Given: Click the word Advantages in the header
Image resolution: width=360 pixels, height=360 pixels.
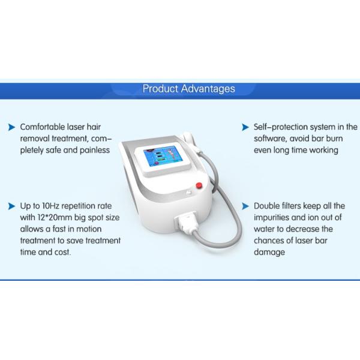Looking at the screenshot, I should click(205, 89).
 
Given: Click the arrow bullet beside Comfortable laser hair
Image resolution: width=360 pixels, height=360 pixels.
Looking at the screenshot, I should click(11, 127).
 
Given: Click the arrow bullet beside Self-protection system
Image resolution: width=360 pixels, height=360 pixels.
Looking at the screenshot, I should click(245, 127).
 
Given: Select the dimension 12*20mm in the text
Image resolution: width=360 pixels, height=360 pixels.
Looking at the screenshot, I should click(54, 217).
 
